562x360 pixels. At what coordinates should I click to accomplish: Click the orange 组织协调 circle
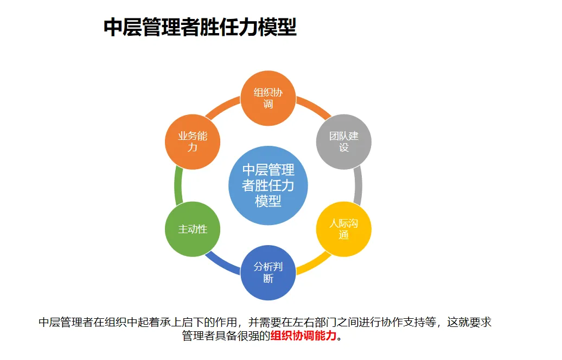(x=268, y=98)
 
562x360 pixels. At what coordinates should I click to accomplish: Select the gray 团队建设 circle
(x=344, y=141)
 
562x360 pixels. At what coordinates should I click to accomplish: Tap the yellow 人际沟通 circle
(x=344, y=229)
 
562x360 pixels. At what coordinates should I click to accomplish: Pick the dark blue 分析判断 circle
(x=268, y=273)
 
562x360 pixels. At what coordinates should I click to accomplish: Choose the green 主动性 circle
(x=193, y=229)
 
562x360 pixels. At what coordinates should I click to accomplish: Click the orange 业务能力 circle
(x=193, y=141)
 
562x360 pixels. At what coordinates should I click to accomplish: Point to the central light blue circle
(x=268, y=185)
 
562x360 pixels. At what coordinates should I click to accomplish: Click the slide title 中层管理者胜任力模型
(x=200, y=27)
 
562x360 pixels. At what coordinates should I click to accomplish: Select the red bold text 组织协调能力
(x=303, y=336)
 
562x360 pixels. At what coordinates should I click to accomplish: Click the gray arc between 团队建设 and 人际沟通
(x=358, y=185)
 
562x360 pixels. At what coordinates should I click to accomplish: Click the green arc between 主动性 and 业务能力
(x=178, y=185)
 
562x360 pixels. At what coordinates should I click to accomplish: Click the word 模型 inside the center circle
(x=268, y=201)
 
